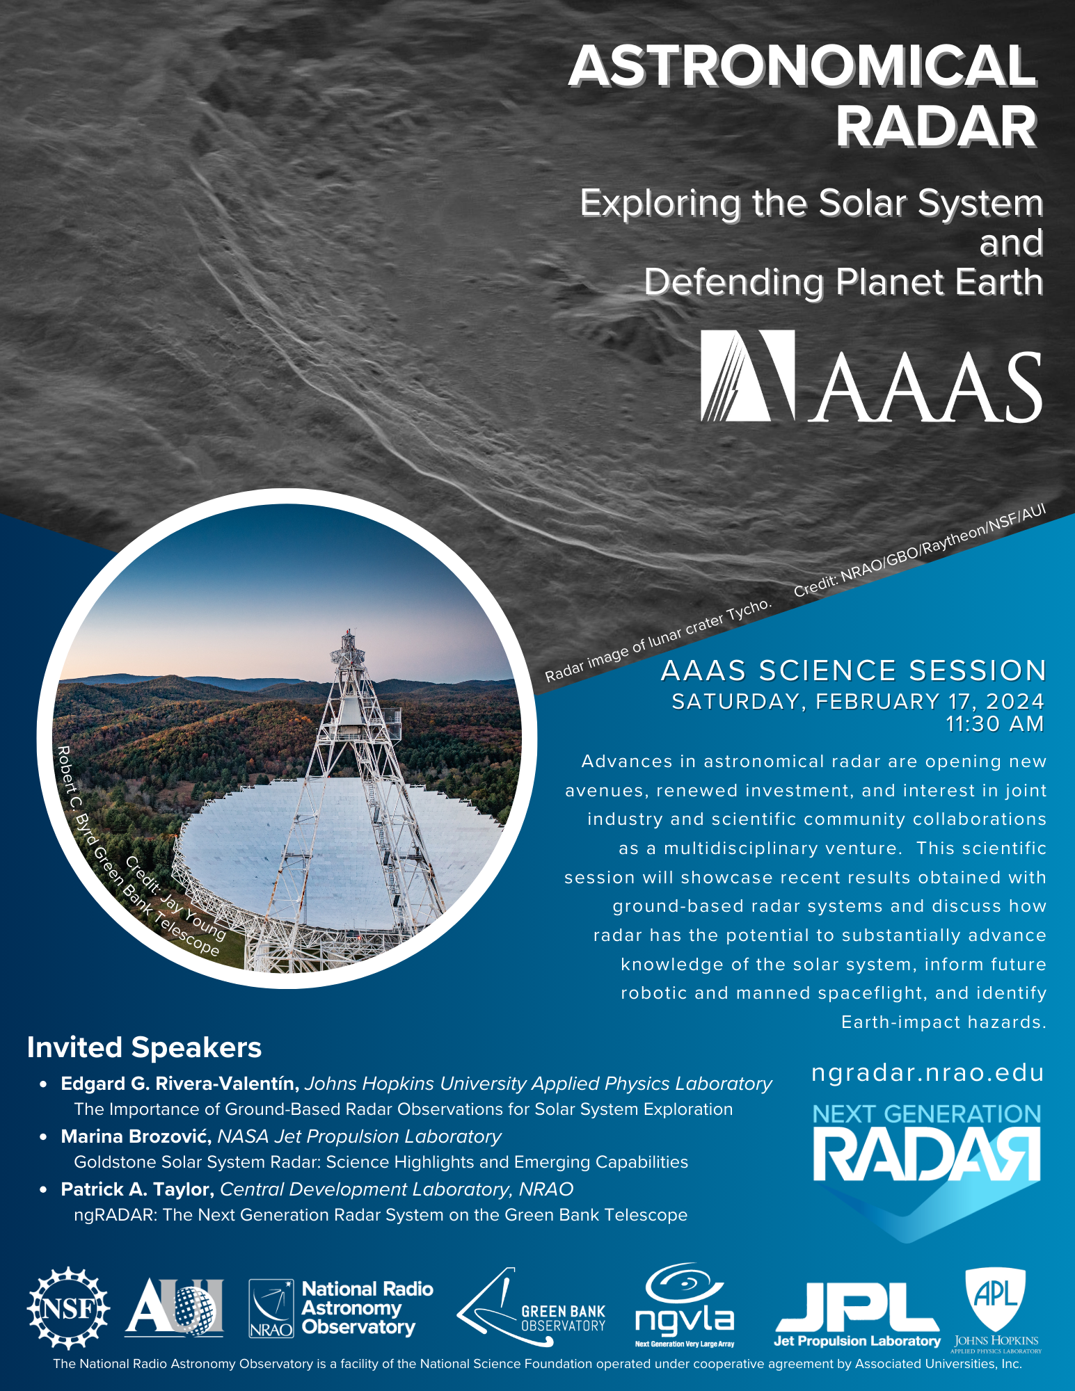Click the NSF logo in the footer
point(68,1308)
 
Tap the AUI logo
point(175,1308)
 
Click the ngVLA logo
point(685,1305)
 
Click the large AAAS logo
point(871,376)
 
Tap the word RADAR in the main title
point(937,127)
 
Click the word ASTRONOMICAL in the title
point(803,66)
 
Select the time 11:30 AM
point(995,724)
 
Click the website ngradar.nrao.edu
point(927,1072)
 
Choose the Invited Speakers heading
point(144,1047)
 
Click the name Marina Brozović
point(136,1136)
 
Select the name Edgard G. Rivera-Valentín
point(180,1084)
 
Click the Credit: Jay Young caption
point(175,896)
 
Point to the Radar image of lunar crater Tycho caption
point(658,640)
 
